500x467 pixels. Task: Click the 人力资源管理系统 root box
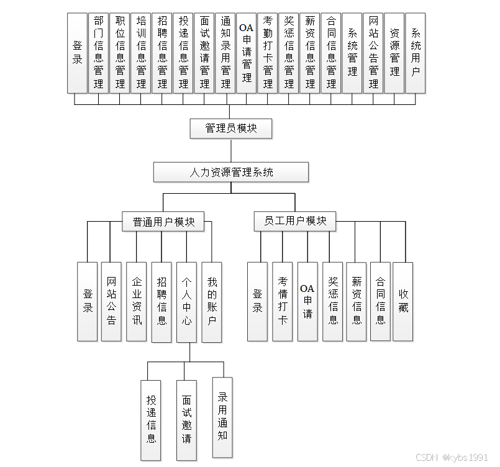click(x=231, y=172)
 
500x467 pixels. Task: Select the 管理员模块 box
click(x=231, y=129)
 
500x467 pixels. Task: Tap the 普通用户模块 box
click(x=164, y=222)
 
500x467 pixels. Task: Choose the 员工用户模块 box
click(x=295, y=221)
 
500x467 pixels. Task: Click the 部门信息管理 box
click(x=99, y=52)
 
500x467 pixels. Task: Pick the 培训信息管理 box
click(x=141, y=52)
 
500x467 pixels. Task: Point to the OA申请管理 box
click(x=247, y=52)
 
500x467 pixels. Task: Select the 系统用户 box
click(x=416, y=52)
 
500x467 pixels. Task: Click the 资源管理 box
click(x=394, y=52)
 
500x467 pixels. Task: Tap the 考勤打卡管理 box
click(x=268, y=52)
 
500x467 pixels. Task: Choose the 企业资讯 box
click(x=137, y=302)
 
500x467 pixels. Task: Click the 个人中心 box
click(x=186, y=302)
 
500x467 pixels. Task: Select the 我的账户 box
click(x=212, y=302)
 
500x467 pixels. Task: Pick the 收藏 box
click(x=403, y=301)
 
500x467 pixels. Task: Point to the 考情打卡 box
click(x=283, y=301)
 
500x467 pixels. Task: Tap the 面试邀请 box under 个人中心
click(x=186, y=420)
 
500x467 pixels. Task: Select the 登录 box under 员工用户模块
click(x=257, y=301)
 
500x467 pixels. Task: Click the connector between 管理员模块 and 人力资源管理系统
click(x=231, y=150)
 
